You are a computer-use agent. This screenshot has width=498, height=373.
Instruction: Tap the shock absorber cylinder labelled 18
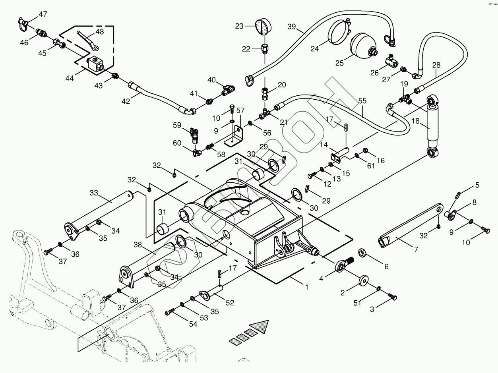point(432,124)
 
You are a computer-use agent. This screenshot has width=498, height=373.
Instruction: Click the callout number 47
point(43,14)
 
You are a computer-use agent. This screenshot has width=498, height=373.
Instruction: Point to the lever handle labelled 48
point(86,40)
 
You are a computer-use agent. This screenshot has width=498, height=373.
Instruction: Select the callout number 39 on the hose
point(292,27)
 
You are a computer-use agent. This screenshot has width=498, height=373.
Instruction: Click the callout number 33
point(93,193)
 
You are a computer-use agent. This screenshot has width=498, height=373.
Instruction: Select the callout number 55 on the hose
point(362,102)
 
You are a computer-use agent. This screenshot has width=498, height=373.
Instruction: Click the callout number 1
point(306,286)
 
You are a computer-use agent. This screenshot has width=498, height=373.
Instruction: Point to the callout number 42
point(126,101)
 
